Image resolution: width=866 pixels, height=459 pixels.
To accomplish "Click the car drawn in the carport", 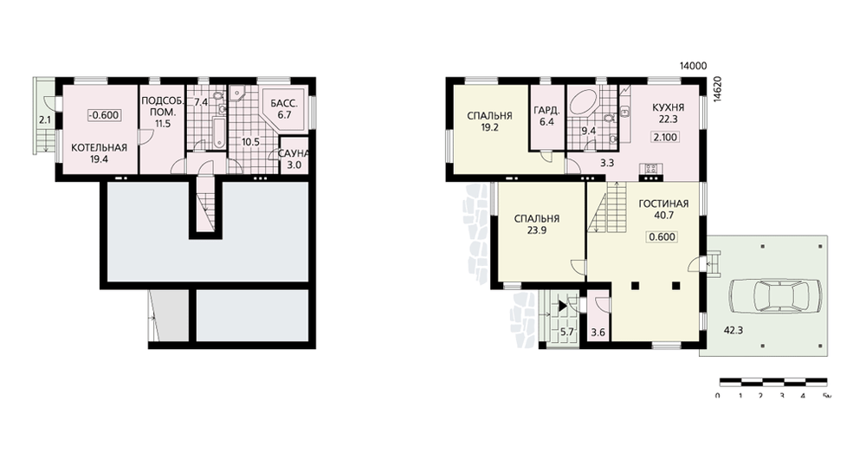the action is tap(775, 298).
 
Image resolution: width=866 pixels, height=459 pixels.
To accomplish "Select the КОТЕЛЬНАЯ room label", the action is tap(100, 147).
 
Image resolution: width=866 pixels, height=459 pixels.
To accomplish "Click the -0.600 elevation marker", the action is tap(104, 115).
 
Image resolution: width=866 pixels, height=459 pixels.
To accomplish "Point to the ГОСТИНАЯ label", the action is tap(663, 204).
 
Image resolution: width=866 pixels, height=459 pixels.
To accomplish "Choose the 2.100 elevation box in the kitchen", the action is tap(665, 137).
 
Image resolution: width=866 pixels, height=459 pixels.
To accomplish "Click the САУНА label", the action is tap(294, 153).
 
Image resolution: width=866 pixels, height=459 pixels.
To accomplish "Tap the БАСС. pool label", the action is tap(284, 104).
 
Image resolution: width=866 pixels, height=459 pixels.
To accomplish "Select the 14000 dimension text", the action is tap(693, 67).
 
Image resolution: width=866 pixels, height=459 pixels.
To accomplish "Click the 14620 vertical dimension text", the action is tap(717, 89).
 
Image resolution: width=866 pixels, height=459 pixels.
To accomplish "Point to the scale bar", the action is tap(773, 381).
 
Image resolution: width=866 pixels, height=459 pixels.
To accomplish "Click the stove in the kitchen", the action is tap(649, 168).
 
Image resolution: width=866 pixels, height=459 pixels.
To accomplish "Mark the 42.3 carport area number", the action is tap(733, 330).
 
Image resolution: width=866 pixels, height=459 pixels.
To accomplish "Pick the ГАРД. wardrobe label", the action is tap(546, 111).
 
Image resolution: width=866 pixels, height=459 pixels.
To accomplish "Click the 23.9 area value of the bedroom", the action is tap(536, 230).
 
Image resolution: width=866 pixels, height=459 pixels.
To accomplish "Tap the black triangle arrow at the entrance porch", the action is tap(562, 306).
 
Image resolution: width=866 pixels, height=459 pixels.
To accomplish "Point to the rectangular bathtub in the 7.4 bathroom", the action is tap(219, 133).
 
